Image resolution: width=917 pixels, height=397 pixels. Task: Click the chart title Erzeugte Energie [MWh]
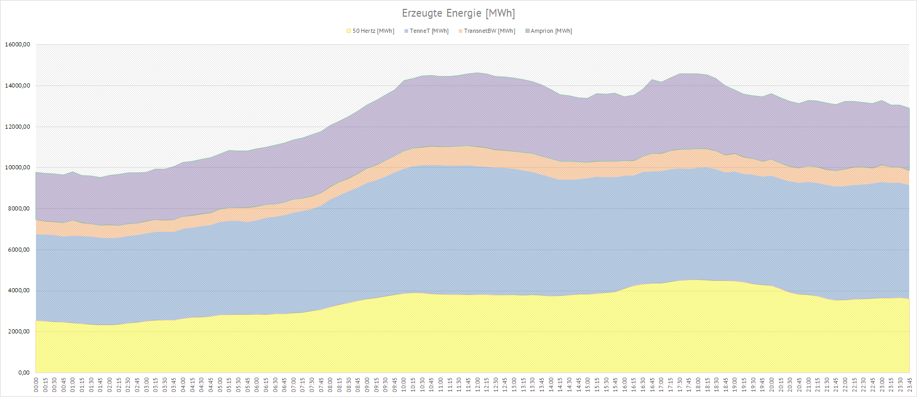click(458, 13)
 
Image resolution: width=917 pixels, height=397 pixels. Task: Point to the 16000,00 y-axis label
click(17, 45)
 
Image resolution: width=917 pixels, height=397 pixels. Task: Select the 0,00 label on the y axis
click(24, 373)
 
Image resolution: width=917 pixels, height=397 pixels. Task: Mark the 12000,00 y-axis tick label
click(17, 127)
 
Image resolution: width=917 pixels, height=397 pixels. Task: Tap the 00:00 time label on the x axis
click(36, 385)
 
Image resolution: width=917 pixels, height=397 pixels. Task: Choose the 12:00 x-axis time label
click(478, 385)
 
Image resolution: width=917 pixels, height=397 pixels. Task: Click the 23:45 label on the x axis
click(910, 385)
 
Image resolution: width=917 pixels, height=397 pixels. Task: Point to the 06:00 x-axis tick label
click(256, 385)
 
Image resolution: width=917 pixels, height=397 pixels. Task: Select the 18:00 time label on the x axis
click(698, 385)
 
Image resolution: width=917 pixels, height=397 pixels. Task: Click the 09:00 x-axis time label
click(367, 385)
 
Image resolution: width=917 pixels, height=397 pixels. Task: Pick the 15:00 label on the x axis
click(588, 385)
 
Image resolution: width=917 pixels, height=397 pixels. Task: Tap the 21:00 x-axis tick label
click(809, 385)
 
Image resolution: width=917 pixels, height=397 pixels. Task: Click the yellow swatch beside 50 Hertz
click(349, 31)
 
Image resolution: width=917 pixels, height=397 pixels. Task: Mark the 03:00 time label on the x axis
click(146, 385)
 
